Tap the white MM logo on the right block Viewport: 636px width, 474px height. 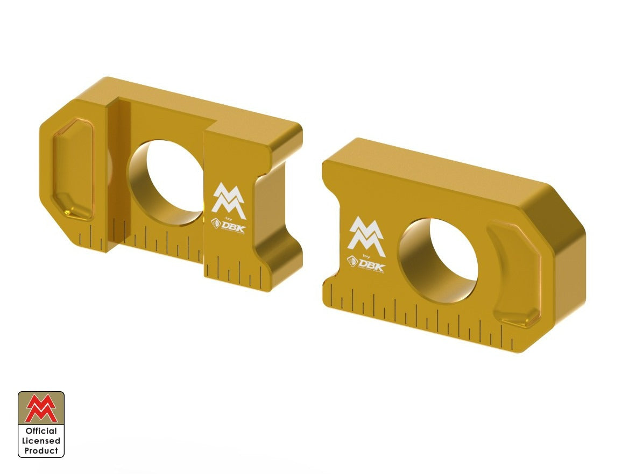pos(366,236)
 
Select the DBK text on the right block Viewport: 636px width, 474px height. pos(372,265)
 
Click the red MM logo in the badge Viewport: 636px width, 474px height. pos(41,409)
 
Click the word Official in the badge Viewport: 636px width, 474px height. pos(41,431)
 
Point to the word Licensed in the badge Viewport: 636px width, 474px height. pos(41,441)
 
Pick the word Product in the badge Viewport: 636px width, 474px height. pos(41,451)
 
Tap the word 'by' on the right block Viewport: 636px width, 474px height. pos(368,256)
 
